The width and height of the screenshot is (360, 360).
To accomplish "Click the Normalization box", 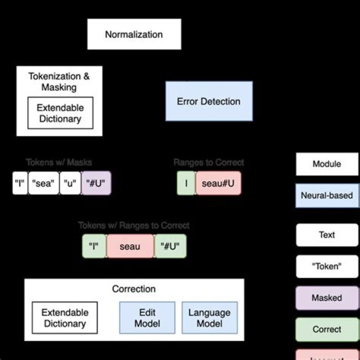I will (x=134, y=34).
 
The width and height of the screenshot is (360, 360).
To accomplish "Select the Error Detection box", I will (x=209, y=101).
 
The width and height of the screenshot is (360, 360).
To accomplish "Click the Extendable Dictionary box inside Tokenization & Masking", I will (x=60, y=113).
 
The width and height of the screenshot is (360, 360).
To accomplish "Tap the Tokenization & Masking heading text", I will (x=59, y=82).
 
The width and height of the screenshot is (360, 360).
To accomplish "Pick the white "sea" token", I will (x=43, y=183).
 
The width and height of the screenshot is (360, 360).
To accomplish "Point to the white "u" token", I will (x=70, y=183).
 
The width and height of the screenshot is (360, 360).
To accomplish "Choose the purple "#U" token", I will (x=96, y=183).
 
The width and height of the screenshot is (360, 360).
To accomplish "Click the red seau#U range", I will (x=218, y=183).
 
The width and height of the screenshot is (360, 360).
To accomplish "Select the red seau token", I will (x=130, y=246).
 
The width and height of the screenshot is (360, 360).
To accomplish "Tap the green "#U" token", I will (x=170, y=246).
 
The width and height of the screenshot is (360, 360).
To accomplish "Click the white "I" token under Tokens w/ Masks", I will (x=19, y=183).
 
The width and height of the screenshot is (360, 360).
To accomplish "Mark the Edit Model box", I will (x=147, y=317).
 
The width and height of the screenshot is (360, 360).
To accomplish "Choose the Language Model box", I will (x=209, y=317).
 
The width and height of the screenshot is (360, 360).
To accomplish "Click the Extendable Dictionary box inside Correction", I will (x=65, y=317).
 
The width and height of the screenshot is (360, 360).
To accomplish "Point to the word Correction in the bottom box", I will (x=134, y=289).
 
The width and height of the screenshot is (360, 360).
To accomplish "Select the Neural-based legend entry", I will (x=327, y=195).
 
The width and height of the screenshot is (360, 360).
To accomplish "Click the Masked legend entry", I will (x=327, y=298).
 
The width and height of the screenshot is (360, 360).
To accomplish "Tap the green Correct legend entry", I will (x=327, y=329).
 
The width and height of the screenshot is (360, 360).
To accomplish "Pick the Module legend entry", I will (x=327, y=164).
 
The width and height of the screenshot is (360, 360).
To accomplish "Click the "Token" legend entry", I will (x=327, y=266).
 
